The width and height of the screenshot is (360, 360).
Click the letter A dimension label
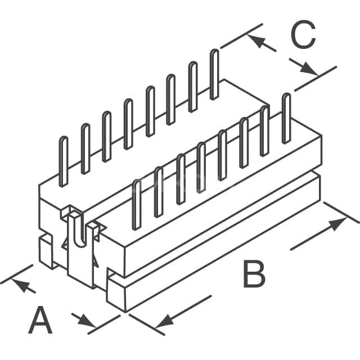point(40,320)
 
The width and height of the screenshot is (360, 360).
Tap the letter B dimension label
point(254,274)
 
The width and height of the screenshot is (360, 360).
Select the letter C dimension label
point(303,34)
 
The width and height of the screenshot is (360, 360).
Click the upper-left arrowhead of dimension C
point(256,40)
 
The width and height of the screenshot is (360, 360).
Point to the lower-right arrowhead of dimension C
point(309,69)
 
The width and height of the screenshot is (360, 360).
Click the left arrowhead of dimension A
point(21,285)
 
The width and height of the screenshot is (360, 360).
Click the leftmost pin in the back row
point(64,161)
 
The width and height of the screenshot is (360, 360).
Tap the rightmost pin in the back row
point(214,74)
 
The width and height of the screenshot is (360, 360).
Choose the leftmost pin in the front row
point(137,204)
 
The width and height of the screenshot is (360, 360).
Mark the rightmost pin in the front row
point(286,118)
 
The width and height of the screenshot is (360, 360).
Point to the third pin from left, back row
point(107,137)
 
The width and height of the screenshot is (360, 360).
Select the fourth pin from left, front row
point(201,167)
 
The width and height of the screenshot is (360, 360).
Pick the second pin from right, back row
point(193,87)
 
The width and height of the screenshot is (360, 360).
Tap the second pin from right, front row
point(265,130)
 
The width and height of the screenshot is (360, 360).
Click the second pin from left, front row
point(159,192)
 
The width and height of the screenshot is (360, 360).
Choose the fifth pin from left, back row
point(150,111)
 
